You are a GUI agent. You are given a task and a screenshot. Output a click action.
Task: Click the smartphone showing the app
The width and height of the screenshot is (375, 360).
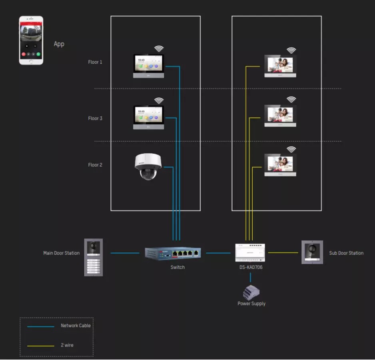(31, 40)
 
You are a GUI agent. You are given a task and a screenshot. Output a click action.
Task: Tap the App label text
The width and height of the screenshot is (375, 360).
(59, 44)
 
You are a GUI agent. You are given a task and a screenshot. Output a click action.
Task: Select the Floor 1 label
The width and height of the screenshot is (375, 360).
(95, 62)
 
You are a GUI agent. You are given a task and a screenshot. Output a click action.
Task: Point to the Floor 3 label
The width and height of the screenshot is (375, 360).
(95, 118)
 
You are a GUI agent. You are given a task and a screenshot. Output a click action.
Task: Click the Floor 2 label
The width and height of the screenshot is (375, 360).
(95, 165)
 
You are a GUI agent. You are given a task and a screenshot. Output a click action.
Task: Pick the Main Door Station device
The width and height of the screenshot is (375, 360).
(94, 257)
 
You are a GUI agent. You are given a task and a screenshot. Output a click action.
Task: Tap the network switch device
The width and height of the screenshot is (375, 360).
(173, 253)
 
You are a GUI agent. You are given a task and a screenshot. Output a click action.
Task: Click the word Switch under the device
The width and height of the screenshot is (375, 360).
(178, 267)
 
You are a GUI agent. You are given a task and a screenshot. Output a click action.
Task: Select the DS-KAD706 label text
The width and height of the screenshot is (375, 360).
(251, 267)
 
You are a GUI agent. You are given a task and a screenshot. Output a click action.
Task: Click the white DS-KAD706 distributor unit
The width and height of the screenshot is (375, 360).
(251, 252)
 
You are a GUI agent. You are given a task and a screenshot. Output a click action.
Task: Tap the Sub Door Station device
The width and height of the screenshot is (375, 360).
(312, 252)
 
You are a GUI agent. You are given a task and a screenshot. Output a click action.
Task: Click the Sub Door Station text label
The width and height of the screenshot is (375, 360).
(346, 253)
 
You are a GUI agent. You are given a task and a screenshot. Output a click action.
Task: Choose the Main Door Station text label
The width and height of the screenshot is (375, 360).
(61, 253)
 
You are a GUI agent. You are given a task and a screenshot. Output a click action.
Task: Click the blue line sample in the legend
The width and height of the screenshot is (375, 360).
(40, 326)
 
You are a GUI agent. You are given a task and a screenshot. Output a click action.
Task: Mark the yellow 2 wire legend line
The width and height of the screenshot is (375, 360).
(40, 346)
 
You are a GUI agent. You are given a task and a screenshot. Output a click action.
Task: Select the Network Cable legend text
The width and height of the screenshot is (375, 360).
(76, 326)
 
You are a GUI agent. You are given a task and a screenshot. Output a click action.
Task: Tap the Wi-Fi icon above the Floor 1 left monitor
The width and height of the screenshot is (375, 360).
(159, 49)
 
